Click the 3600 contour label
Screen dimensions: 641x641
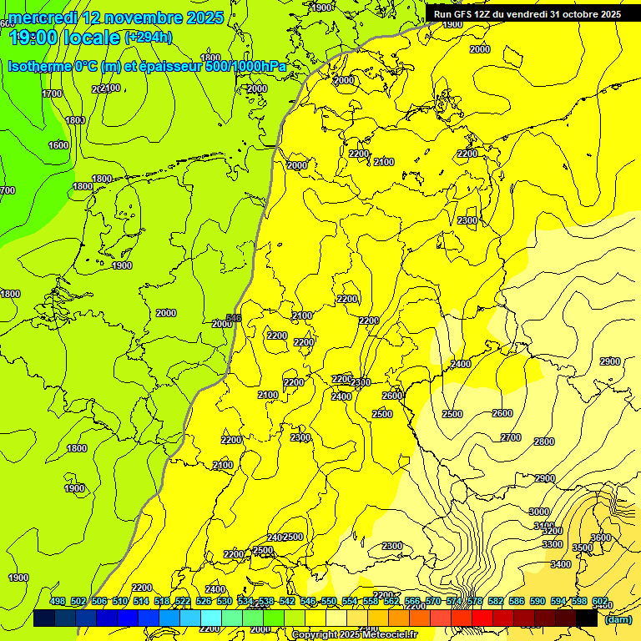[x=601, y=538]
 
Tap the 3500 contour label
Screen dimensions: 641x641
[x=582, y=548]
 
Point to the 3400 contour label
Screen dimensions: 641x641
[x=561, y=564]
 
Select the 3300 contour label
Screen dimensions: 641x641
[x=553, y=544]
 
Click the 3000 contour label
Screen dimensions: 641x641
[x=539, y=512]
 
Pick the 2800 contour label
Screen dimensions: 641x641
[x=544, y=442]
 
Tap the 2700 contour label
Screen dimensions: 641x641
[x=511, y=437]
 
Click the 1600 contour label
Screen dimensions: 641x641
[x=58, y=145]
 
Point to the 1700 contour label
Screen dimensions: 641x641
[x=52, y=93]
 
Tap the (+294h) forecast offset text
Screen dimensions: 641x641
[x=148, y=37]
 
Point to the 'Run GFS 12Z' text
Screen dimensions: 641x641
[x=467, y=14]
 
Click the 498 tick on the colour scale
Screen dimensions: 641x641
[x=58, y=601]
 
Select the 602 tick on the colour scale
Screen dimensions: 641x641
[x=599, y=601]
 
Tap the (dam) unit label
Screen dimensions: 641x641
[x=617, y=619]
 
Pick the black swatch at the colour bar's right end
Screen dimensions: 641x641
[x=586, y=618]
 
